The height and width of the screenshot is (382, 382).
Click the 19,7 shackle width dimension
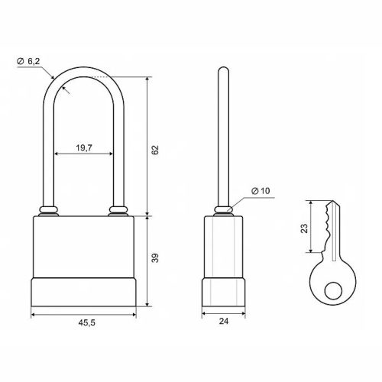(84, 147)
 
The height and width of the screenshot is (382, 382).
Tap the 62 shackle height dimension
(155, 150)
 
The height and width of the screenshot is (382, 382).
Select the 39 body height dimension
(155, 257)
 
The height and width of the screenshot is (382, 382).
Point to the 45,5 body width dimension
(86, 322)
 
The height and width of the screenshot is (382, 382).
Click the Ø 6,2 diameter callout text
(28, 61)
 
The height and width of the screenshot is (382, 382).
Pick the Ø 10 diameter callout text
(261, 191)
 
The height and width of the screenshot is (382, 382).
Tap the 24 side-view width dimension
(224, 322)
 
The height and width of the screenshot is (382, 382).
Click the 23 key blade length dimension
(304, 228)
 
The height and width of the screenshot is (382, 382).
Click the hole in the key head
(333, 290)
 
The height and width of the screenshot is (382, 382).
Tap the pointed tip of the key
(332, 201)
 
